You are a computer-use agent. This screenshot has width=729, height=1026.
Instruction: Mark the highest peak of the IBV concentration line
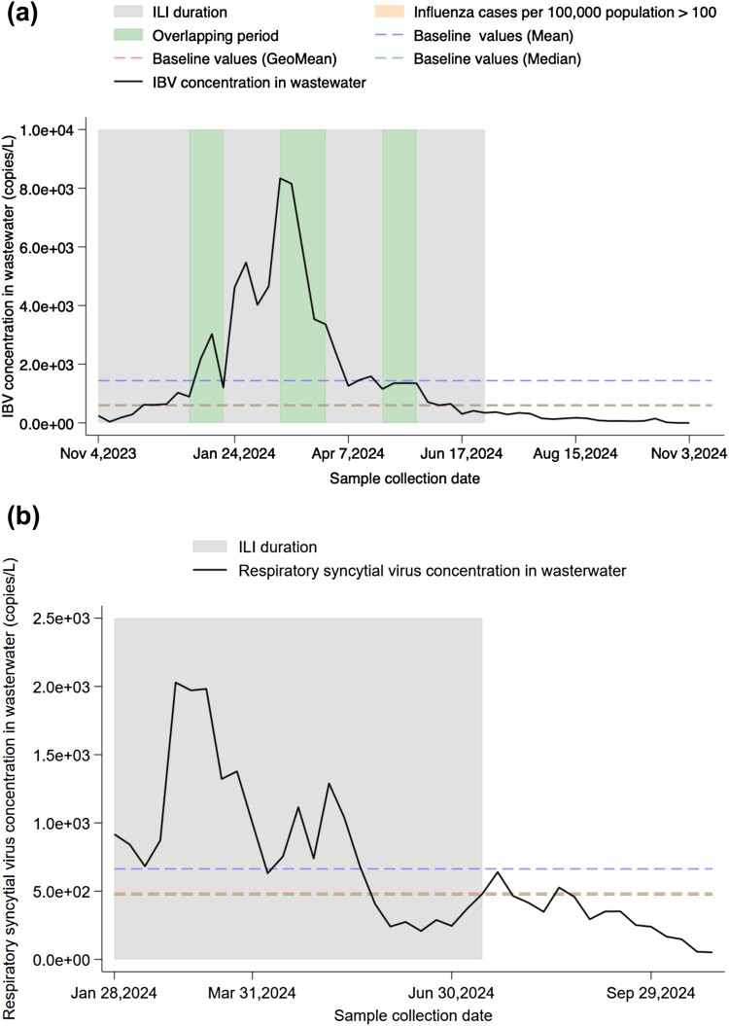(280, 178)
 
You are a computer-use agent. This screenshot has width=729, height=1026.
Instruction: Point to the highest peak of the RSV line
(175, 683)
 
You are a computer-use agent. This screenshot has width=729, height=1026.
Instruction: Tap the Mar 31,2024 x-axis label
(253, 989)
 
